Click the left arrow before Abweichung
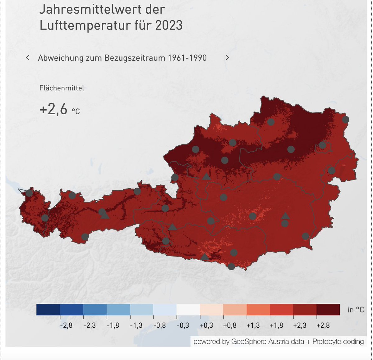pos(28,57)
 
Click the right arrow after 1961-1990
pos(227,57)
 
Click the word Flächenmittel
pos(62,88)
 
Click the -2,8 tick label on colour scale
pos(66,326)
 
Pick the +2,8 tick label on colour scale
pos(323,326)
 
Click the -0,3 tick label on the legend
pos(183,326)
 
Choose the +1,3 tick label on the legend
pos(253,326)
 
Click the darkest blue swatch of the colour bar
pos(48,309)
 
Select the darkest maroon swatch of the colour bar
pos(328,309)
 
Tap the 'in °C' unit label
pos(356,310)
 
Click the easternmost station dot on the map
pos(345,120)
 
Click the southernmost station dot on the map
pos(231,267)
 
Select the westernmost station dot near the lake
pos(29,193)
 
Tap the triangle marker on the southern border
pos(204,257)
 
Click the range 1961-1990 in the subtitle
pos(187,58)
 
